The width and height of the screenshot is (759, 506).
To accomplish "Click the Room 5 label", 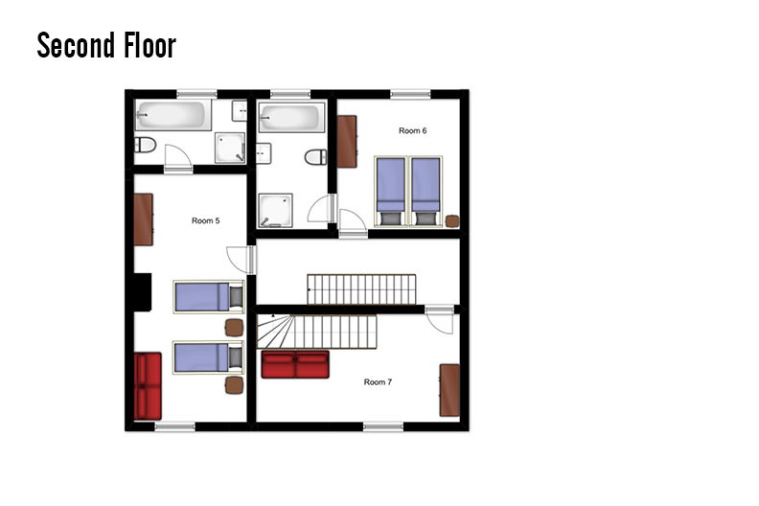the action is (206, 220).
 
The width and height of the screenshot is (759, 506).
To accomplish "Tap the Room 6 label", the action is (412, 130).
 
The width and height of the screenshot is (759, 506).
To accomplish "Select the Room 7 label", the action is (378, 382).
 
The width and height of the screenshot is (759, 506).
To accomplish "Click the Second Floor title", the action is (106, 45).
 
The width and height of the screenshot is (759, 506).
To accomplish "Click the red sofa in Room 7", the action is (295, 364).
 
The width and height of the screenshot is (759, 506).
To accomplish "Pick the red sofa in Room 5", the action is (148, 386).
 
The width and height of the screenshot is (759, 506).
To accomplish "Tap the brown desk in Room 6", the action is (347, 142).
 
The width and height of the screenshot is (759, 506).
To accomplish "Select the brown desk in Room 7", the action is (449, 390).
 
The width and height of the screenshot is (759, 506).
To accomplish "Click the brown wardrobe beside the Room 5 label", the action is (144, 219).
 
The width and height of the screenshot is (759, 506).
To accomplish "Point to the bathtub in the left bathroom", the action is (173, 115).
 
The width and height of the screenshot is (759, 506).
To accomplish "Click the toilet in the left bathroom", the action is (146, 145).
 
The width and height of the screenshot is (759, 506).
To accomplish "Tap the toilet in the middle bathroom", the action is (315, 157).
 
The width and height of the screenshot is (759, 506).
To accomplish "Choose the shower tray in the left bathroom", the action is (230, 148).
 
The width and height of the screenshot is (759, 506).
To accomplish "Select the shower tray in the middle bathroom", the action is (275, 210).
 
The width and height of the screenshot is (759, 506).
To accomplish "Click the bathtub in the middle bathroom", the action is (291, 117).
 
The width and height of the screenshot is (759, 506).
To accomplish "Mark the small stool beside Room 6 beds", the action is (452, 221).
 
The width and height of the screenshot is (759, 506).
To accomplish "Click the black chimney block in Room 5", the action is (143, 292).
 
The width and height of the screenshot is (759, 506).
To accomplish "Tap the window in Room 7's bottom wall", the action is (383, 426).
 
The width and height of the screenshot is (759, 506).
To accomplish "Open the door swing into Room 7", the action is (440, 319).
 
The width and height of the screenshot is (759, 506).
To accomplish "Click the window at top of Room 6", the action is (410, 94).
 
